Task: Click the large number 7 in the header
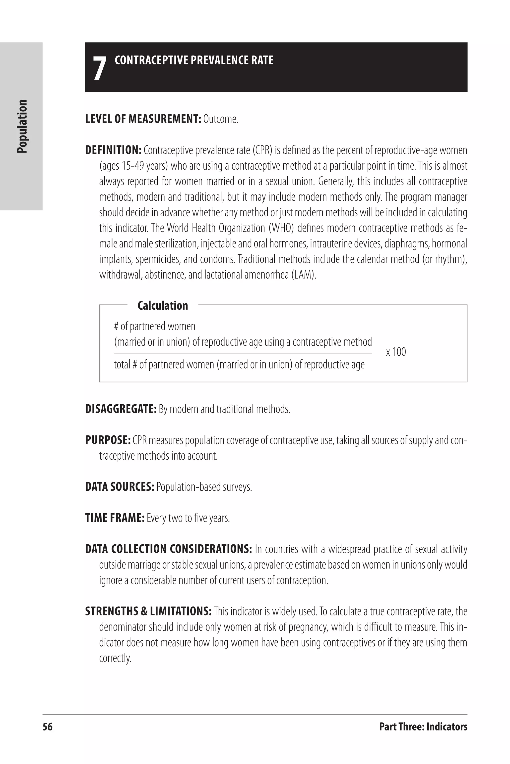(x=100, y=68)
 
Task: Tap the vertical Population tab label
(x=22, y=126)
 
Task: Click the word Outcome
(x=221, y=119)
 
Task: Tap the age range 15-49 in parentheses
(x=133, y=166)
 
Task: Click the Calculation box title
(x=163, y=306)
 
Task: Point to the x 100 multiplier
(x=396, y=352)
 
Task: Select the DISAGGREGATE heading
(x=121, y=409)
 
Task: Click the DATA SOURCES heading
(x=119, y=487)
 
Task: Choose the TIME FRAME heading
(x=115, y=518)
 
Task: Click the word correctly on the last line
(x=115, y=658)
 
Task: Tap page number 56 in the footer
(x=48, y=727)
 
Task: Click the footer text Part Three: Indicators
(x=423, y=727)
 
